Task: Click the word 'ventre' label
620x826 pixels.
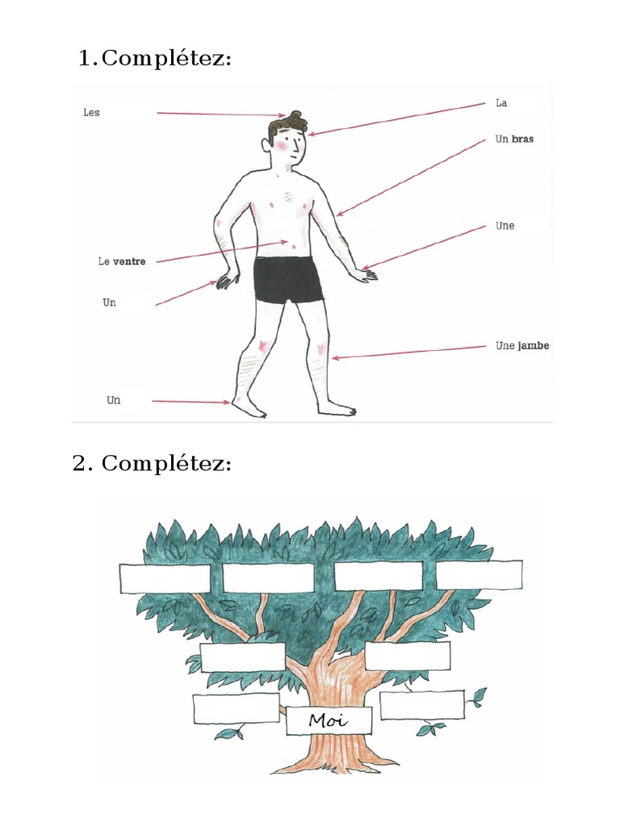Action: coord(129,261)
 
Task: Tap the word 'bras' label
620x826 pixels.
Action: coord(522,139)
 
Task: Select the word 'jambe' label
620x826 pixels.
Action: coord(533,345)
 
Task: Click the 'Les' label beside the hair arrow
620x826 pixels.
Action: coord(91,112)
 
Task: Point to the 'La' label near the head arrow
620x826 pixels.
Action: coord(501,102)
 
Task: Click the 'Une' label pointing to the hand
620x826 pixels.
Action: coord(505,226)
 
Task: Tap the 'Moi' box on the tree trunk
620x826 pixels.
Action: coord(329,720)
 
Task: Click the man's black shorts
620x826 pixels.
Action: coord(287,279)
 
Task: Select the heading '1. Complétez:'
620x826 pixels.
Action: coord(155,58)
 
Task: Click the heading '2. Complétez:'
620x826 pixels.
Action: coord(152,464)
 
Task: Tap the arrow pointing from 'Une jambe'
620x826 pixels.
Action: coord(408,353)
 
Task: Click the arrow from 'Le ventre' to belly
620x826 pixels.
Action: coord(222,252)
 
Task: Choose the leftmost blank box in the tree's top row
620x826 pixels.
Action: coord(165,578)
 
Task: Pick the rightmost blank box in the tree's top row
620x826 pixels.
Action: coord(480,574)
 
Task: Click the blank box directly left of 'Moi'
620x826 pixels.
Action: coord(237,708)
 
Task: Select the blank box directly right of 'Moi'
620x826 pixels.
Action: coord(422,705)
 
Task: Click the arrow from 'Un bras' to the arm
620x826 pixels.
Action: coord(410,178)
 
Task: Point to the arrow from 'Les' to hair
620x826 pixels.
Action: coord(221,115)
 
